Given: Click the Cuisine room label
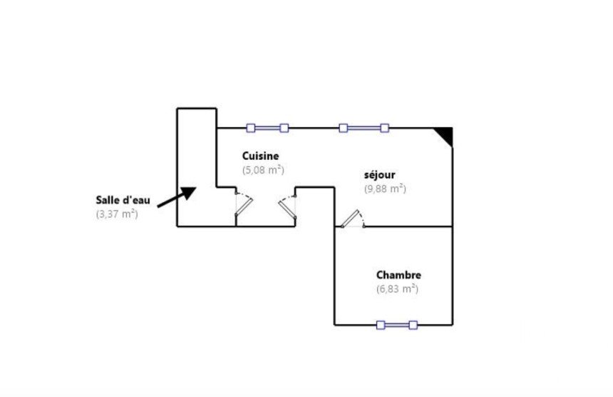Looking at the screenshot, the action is coord(260,156).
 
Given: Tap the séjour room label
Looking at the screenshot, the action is coord(379,175).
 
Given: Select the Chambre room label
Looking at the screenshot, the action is coord(398,275).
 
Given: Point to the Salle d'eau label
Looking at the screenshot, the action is coord(123,200).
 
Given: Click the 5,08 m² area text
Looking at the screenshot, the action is coord(263,170).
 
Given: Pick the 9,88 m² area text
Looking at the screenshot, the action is coord(385,189).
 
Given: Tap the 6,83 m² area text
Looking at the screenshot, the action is coord(397,289).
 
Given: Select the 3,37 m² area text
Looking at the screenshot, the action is coord(117,214).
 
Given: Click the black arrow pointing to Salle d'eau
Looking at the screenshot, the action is coord(176,197).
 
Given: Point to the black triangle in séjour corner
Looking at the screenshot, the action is coord(446,134).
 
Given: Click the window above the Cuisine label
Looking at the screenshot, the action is coord(267,128).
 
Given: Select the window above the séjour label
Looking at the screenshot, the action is coord(364,128).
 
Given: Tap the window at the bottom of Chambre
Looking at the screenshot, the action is coord(397,325).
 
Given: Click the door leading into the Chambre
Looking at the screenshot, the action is coord(352,219).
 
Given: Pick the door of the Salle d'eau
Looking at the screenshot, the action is coord(244,203).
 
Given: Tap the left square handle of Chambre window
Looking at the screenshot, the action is coord(381,325).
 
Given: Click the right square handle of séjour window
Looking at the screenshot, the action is coord(385,128).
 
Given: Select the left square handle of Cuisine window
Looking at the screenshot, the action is coord(251,128).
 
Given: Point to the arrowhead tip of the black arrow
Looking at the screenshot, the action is coord(196,187).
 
